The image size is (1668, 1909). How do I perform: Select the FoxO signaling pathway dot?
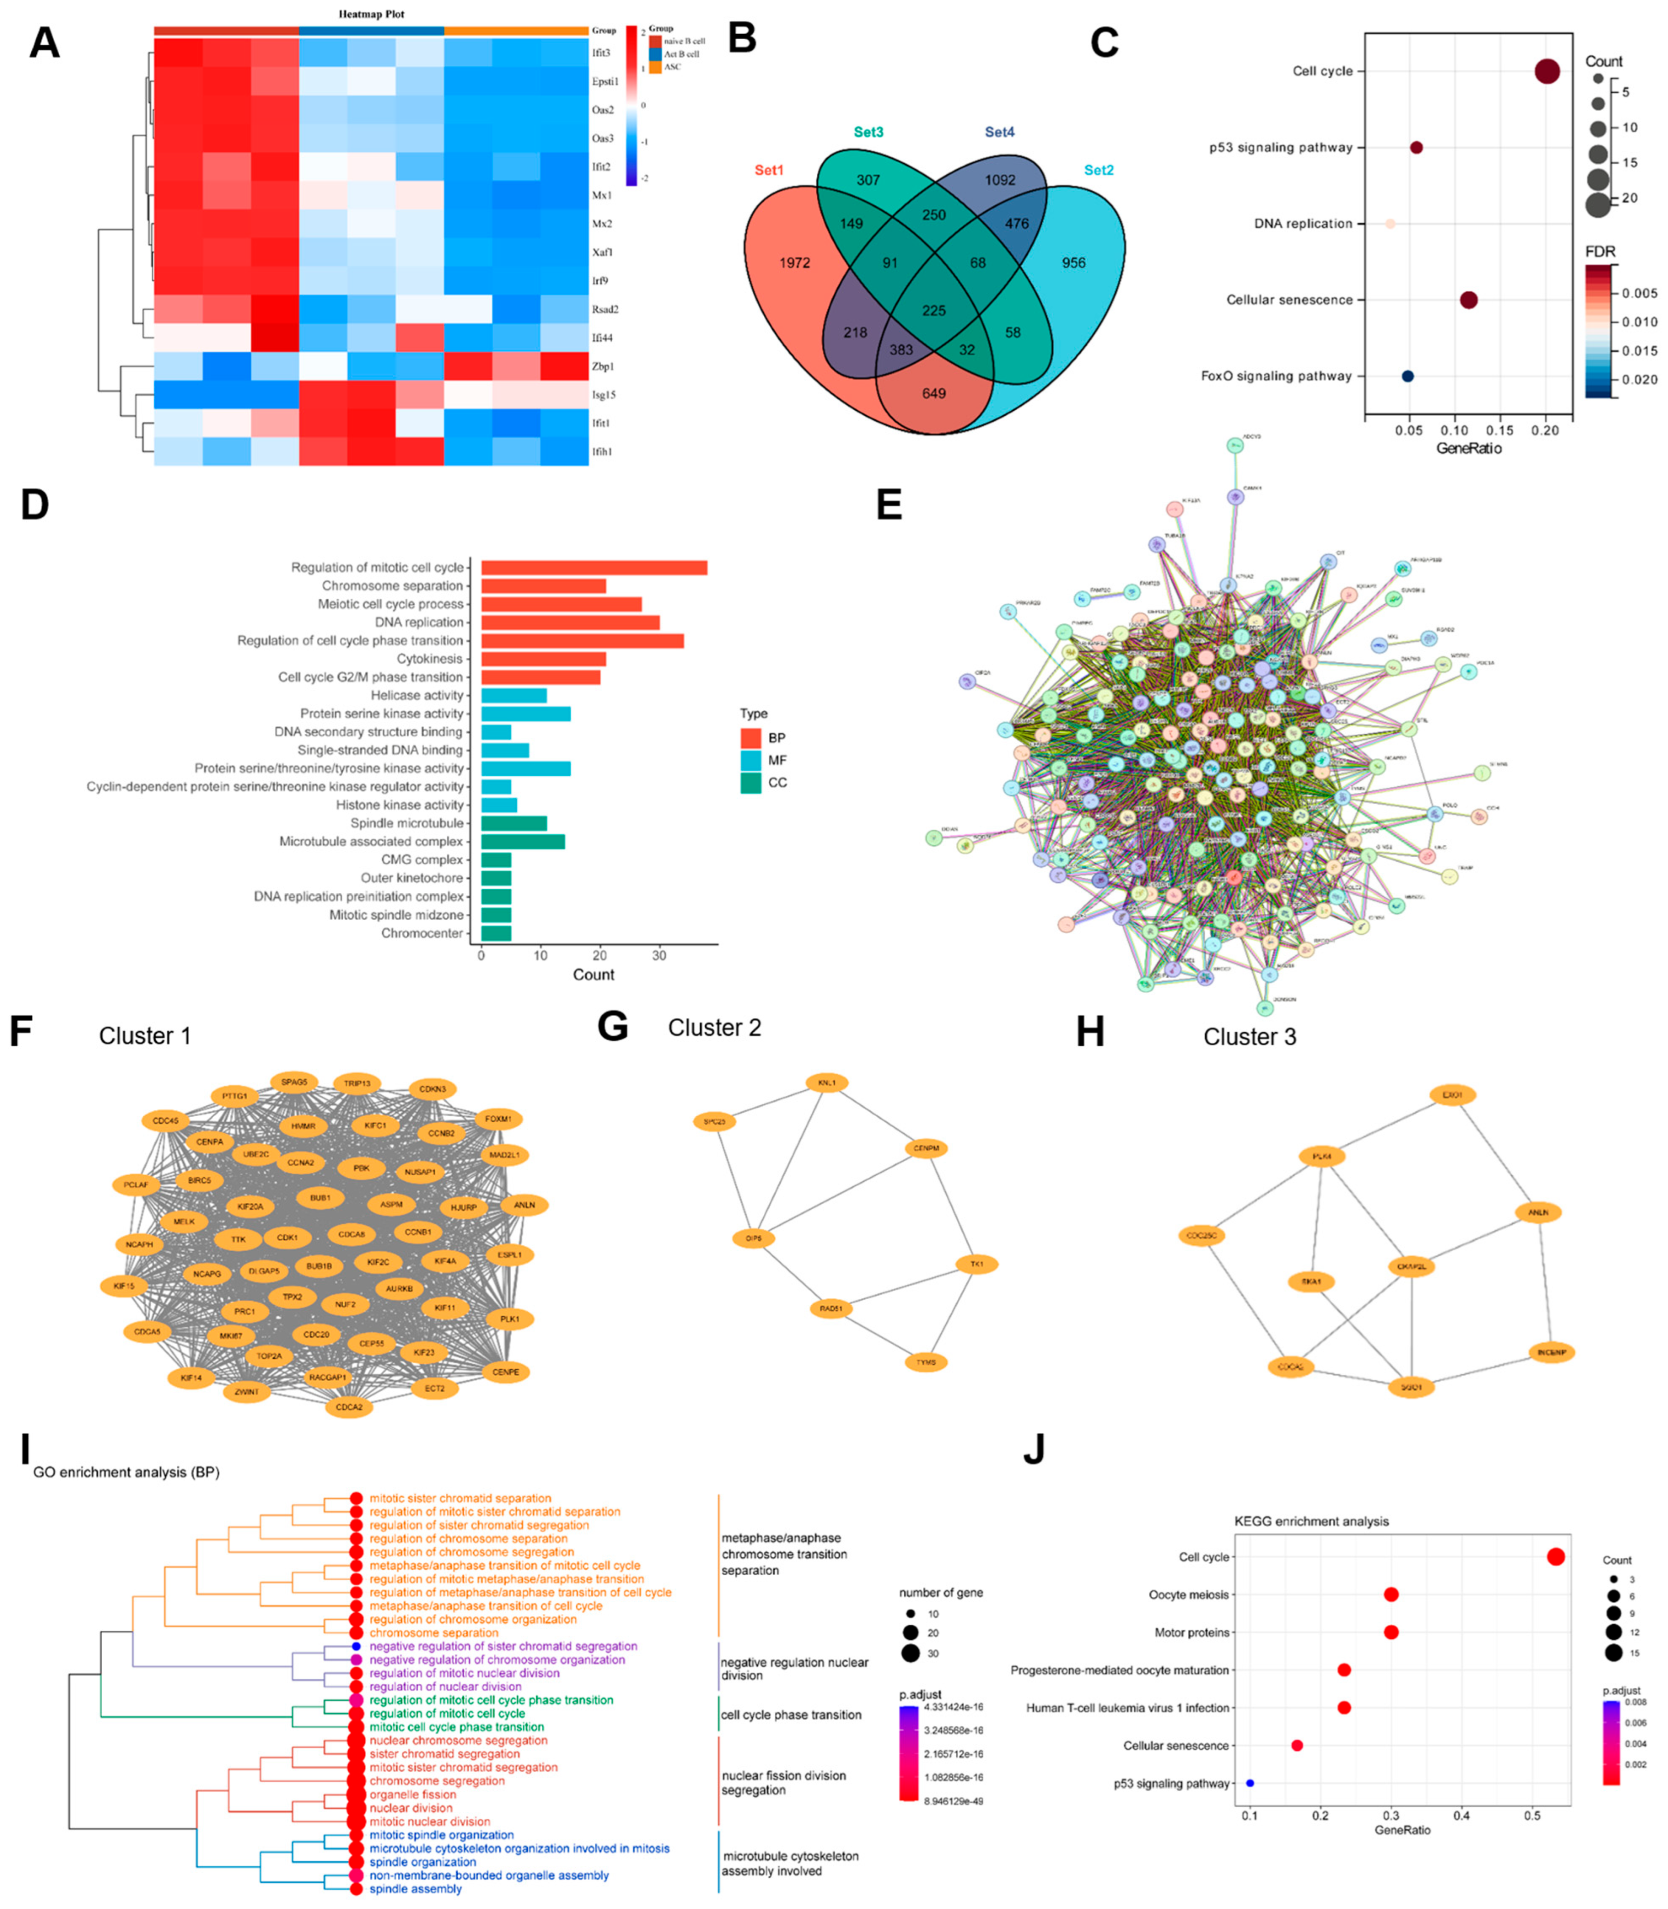pos(1408,376)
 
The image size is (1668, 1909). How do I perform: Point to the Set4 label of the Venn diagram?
pos(1000,132)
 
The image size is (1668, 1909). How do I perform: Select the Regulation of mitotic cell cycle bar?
pos(594,568)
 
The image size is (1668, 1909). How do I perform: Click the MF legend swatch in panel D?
pos(751,761)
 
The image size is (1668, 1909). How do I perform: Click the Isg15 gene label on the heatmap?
pos(603,394)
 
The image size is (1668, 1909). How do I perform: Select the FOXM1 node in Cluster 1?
pos(498,1119)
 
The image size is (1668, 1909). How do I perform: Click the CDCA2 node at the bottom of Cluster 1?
pos(349,1407)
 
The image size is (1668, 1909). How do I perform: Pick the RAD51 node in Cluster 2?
pos(831,1309)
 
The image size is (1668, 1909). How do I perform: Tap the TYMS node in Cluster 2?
pos(926,1363)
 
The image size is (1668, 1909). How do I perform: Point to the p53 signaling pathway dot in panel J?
pos(1250,1783)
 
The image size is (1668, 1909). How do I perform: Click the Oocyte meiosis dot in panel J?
pos(1391,1594)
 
